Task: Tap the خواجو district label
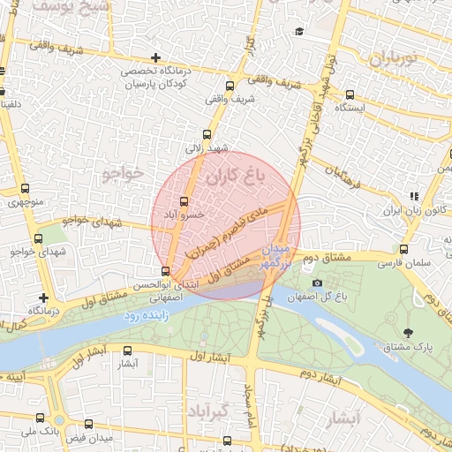point(123,171)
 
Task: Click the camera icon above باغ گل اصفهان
point(317,282)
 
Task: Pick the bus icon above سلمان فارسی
point(403,249)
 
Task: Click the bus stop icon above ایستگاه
point(350,94)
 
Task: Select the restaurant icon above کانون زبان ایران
point(412,197)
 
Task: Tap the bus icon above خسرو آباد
point(184,201)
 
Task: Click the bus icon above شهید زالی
point(207,135)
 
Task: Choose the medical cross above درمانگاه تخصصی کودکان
point(155,57)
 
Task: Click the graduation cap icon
point(299,32)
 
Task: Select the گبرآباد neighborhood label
point(208,412)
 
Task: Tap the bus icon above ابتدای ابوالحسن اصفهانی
point(166,271)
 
